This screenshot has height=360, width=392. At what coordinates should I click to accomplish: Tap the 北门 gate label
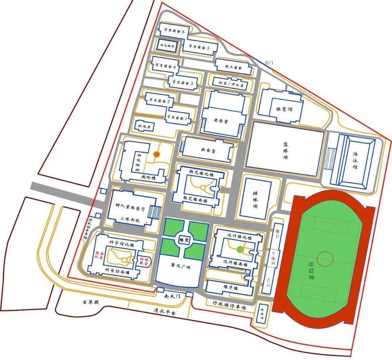click(x=269, y=62)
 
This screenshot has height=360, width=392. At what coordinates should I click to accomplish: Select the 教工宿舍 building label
click(x=233, y=68)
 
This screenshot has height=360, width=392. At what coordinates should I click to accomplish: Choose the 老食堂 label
click(x=221, y=121)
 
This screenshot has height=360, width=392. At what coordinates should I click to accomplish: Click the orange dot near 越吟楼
click(x=157, y=155)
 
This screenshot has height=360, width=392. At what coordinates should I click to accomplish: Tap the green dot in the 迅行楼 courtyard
click(x=240, y=250)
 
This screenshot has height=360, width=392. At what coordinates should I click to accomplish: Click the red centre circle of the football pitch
click(x=325, y=259)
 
